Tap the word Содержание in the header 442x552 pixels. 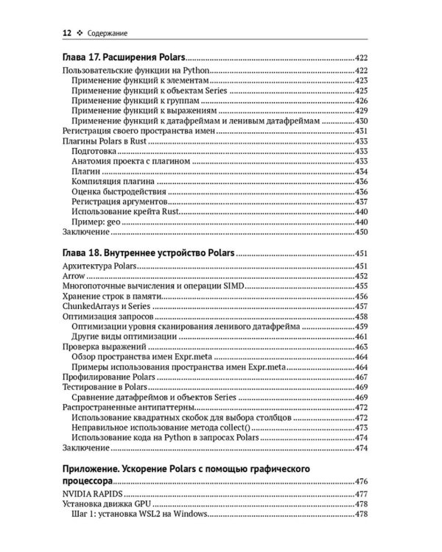107,32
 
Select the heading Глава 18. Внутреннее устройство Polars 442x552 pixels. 146,253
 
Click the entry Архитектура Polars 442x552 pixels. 97,266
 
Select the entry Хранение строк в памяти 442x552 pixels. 109,296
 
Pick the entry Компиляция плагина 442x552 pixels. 113,179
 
